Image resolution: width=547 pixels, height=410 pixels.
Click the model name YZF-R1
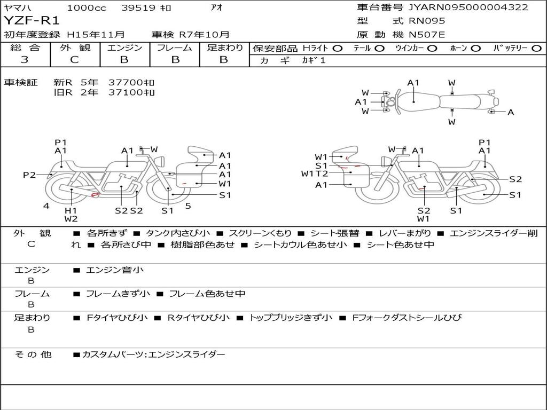coord(32,21)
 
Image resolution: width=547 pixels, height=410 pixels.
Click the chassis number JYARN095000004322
coord(468,7)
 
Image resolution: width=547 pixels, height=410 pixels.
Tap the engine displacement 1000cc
coord(86,7)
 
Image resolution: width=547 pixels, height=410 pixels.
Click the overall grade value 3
coord(25,60)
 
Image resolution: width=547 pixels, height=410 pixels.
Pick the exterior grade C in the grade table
coord(74,60)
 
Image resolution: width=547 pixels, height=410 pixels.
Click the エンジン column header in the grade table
coord(124,48)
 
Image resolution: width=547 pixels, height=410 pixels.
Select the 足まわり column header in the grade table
coord(224,48)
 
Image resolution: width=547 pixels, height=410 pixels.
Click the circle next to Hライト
coord(338,49)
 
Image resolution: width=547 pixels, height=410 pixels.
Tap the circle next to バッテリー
coord(536,49)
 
